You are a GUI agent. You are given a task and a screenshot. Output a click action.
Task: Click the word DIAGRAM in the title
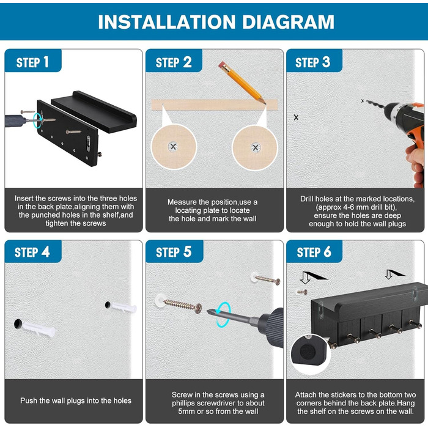pyautogui.click(x=288, y=22)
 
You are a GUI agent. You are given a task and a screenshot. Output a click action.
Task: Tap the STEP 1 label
pyautogui.click(x=32, y=62)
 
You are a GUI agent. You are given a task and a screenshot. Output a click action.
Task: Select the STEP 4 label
pyautogui.click(x=32, y=252)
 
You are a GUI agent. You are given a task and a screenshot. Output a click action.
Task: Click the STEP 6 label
pyautogui.click(x=314, y=252)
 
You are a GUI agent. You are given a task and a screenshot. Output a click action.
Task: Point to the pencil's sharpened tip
pyautogui.click(x=265, y=104)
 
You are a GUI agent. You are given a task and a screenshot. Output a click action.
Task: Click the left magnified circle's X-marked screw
pyautogui.click(x=173, y=147)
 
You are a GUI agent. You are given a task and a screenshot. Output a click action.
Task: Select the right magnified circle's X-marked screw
pyautogui.click(x=256, y=148)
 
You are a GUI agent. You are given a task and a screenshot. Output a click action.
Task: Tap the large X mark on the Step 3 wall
pyautogui.click(x=296, y=117)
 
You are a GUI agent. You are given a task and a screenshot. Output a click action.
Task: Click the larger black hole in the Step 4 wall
pyautogui.click(x=18, y=323)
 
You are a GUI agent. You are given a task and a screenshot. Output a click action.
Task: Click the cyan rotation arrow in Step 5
pyautogui.click(x=223, y=314)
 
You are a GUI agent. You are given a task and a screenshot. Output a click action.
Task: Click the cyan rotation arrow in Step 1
pyautogui.click(x=37, y=121)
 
